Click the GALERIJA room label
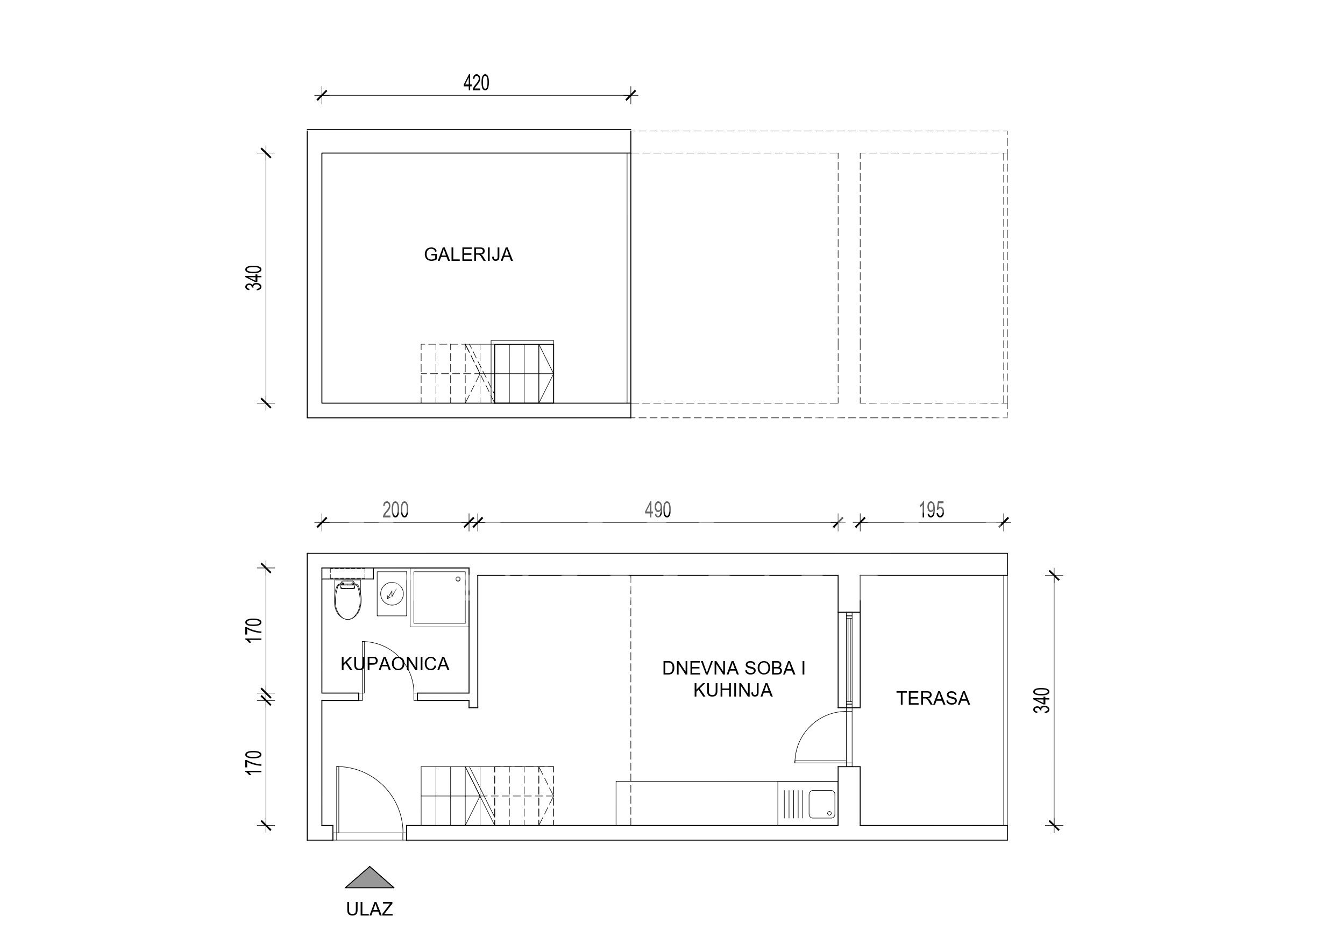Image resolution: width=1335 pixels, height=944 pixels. pyautogui.click(x=468, y=255)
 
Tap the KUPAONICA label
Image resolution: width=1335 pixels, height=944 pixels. pyautogui.click(x=395, y=664)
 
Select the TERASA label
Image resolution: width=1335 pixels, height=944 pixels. pyautogui.click(x=933, y=698)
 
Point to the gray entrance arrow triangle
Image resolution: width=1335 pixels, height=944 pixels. pyautogui.click(x=370, y=878)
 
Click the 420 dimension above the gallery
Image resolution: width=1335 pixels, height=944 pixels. pyautogui.click(x=476, y=83)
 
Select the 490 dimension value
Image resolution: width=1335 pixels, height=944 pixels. pyautogui.click(x=658, y=510)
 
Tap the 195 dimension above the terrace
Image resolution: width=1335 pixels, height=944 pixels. pyautogui.click(x=932, y=510)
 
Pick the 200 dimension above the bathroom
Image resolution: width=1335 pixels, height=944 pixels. pyautogui.click(x=395, y=510)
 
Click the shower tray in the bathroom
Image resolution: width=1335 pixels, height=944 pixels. pyautogui.click(x=439, y=598)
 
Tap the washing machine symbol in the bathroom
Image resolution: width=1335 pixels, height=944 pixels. pyautogui.click(x=392, y=593)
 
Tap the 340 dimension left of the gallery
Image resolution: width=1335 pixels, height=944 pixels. pyautogui.click(x=254, y=278)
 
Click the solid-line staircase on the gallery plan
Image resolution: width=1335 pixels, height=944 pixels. pyautogui.click(x=523, y=372)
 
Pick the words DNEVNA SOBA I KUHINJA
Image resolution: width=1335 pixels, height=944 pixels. pyautogui.click(x=734, y=679)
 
